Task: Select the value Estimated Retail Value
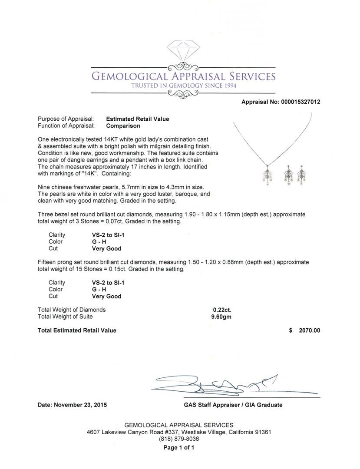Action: pos(138,119)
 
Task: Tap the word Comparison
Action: pos(123,126)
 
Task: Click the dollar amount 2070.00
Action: pos(309,330)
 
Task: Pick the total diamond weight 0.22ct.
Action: pos(222,310)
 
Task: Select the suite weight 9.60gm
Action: pos(221,317)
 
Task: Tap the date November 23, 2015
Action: pos(72,405)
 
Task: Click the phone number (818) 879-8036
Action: pos(179,439)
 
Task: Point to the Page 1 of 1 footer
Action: pos(179,447)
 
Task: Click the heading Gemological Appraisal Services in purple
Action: pos(183,76)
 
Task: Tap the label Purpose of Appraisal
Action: pos(66,119)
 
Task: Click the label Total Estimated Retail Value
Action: pos(77,330)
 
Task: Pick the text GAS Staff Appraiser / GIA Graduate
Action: pos(233,405)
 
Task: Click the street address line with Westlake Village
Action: pos(179,432)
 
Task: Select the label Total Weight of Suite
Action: pos(65,317)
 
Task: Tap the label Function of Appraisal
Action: pos(66,126)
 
